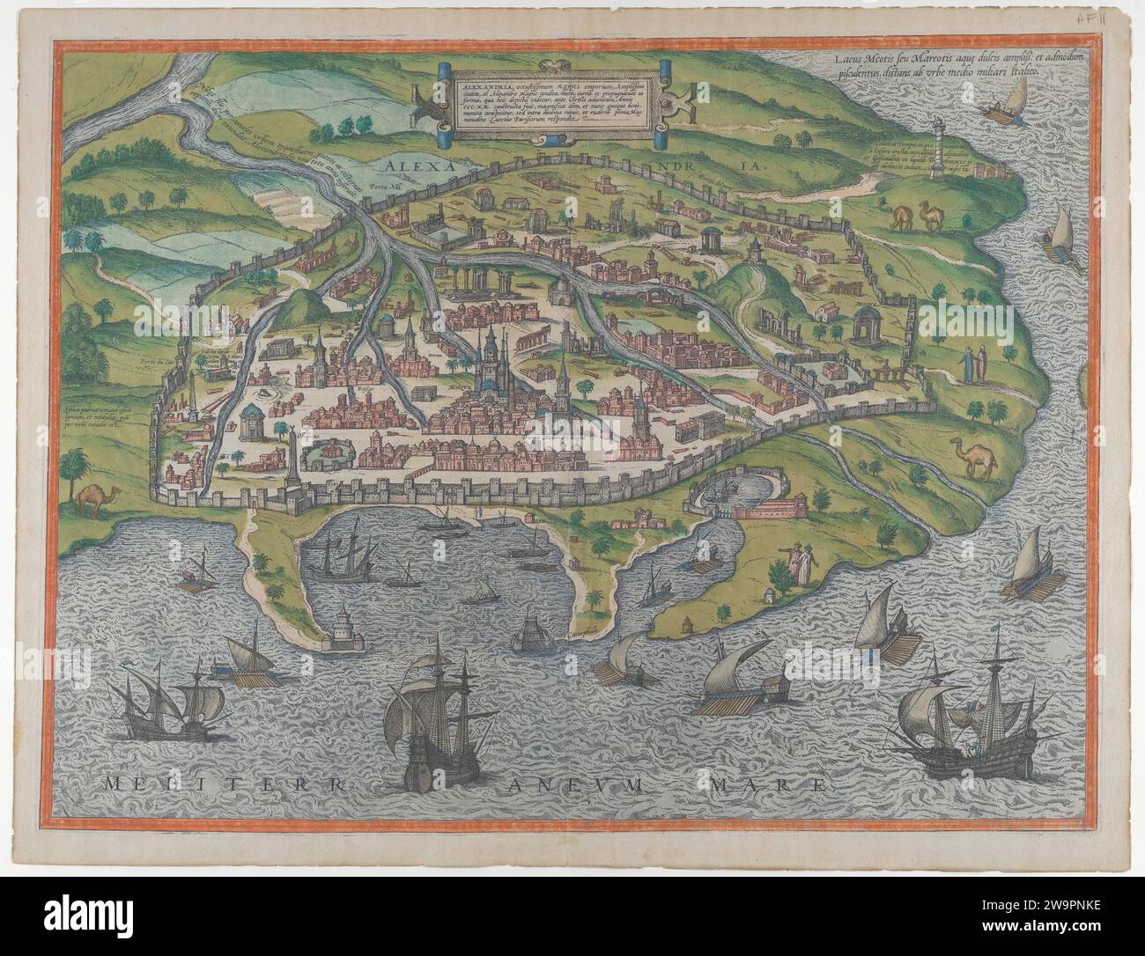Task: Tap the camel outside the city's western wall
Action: point(91,499)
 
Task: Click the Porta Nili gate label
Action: point(381,188)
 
